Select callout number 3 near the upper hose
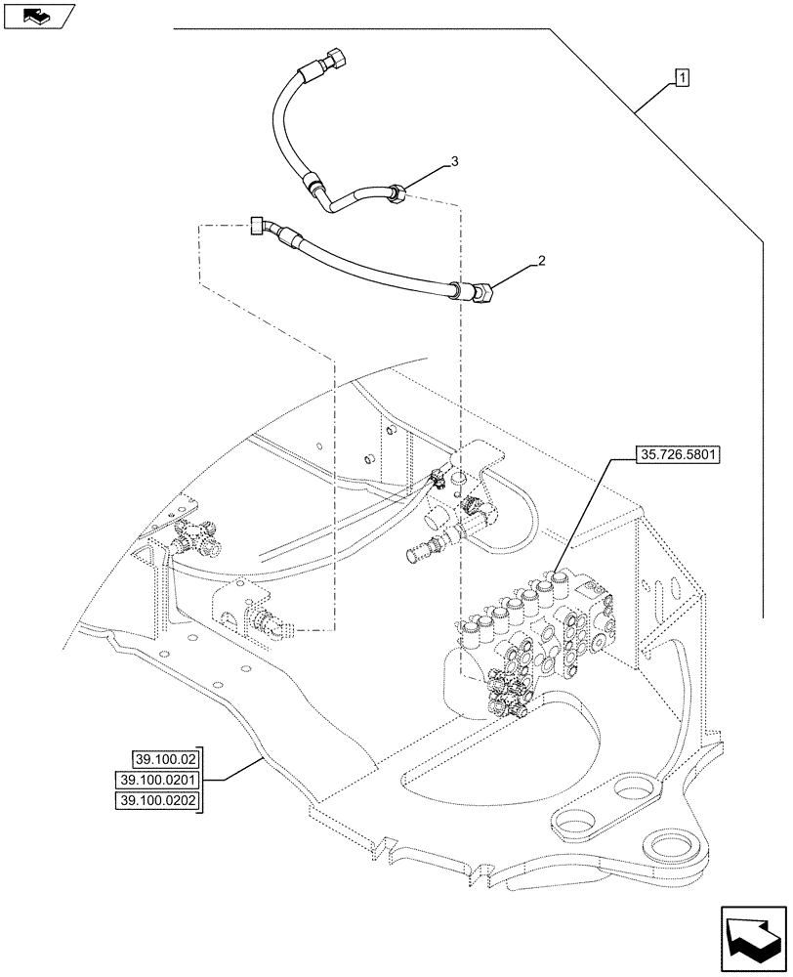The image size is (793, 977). [453, 160]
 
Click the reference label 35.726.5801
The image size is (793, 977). [677, 454]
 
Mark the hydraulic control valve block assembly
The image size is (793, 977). [532, 640]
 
